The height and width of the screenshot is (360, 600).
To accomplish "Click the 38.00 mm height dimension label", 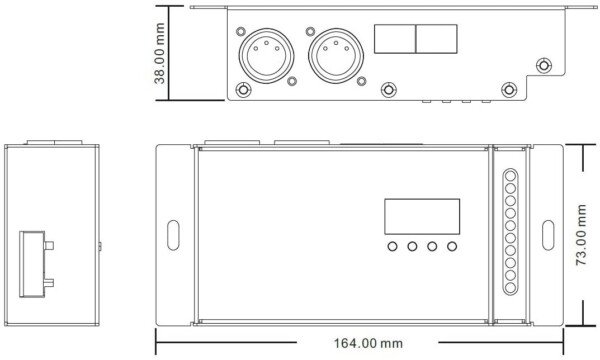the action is (159, 53).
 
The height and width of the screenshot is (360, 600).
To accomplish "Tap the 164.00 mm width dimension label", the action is (368, 343).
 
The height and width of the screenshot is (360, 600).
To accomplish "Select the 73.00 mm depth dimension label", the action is (580, 235).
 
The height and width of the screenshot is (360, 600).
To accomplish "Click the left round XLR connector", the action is (266, 55).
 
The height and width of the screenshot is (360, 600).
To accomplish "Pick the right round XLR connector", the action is (336, 55).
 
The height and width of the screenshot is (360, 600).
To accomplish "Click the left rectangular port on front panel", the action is (395, 39).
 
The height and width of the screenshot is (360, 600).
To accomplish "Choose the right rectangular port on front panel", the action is (437, 39).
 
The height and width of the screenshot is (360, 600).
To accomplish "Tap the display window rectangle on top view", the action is (422, 216).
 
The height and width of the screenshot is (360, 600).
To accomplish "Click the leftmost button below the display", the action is (392, 246).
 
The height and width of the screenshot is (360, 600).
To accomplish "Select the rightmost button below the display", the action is (452, 246).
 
